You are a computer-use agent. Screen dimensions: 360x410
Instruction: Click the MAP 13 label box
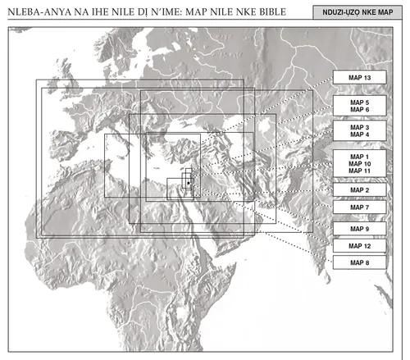(x=361, y=77)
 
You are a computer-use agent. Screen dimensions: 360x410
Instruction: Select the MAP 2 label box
(x=361, y=189)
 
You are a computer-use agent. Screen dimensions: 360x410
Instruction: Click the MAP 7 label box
(x=361, y=208)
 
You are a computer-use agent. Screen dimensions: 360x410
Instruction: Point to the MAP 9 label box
(x=361, y=228)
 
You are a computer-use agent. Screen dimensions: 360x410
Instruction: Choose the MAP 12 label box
(x=361, y=246)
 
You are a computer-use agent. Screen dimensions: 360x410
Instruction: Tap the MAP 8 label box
(x=361, y=262)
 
